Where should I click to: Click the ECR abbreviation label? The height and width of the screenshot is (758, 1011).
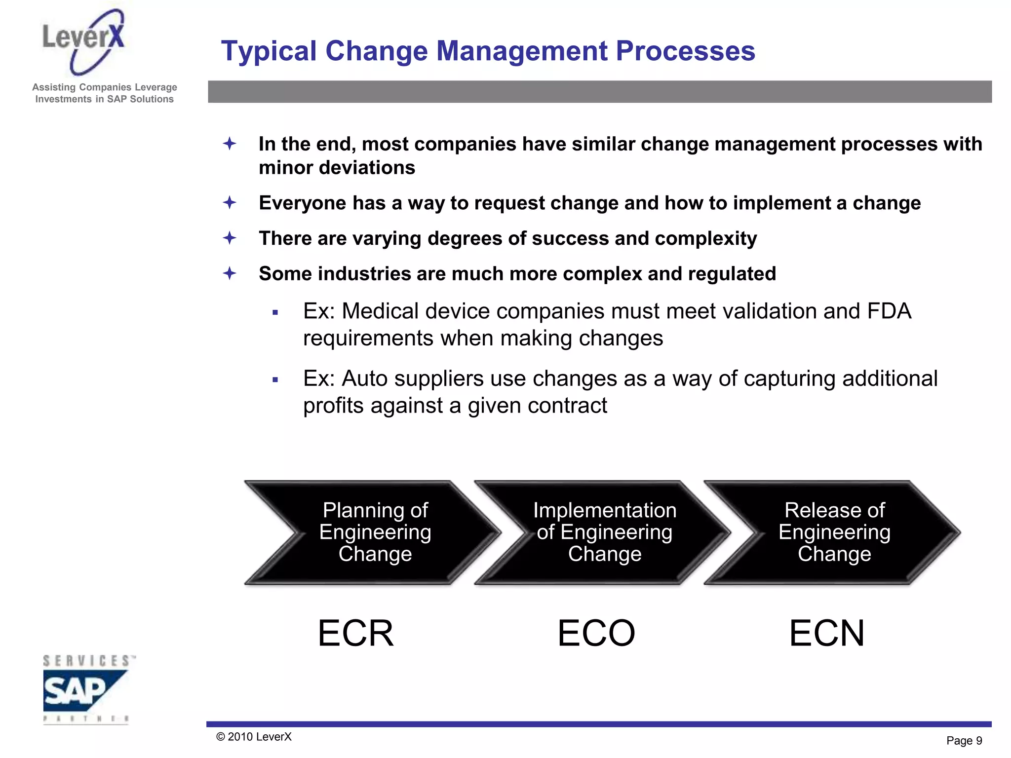tap(355, 633)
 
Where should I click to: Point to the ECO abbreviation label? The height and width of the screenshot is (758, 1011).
tap(596, 633)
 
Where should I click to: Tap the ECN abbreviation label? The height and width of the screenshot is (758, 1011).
tap(826, 633)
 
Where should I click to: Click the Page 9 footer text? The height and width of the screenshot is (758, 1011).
tap(964, 741)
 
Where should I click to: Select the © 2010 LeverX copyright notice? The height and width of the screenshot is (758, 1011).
tap(254, 737)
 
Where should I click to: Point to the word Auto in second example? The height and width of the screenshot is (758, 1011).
tap(363, 379)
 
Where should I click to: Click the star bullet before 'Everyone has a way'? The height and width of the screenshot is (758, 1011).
tap(230, 203)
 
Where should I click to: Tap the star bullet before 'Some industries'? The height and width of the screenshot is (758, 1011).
tap(230, 273)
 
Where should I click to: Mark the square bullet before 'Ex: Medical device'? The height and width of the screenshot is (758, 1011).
tap(275, 312)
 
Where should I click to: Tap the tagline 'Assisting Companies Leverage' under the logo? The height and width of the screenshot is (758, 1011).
tap(104, 87)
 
